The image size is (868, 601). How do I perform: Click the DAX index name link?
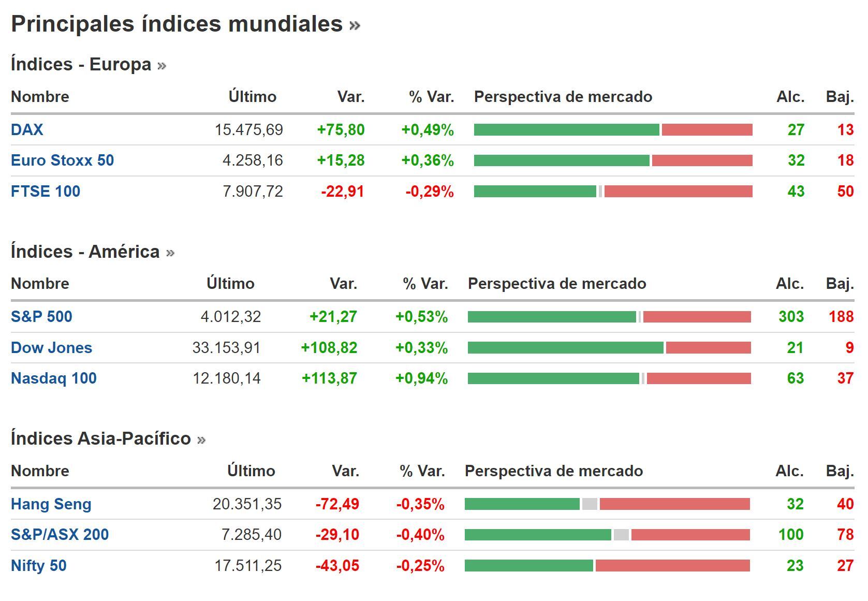27,129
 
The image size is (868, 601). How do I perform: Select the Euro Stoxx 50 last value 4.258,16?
253,160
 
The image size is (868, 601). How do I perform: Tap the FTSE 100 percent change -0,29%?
430,192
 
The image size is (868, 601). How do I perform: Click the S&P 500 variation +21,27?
333,317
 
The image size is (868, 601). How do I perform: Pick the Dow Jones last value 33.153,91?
226,348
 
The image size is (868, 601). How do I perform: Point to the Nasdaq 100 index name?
54,378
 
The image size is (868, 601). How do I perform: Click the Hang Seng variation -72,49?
337,504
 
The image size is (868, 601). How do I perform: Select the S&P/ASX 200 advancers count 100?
790,535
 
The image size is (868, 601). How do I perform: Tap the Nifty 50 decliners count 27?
845,566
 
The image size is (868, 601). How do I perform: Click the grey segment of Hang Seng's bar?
590,504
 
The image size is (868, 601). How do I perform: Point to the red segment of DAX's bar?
707,129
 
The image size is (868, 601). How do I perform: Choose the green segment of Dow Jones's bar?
565,348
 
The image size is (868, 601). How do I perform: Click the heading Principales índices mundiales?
176,24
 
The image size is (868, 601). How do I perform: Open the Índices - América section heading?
85,252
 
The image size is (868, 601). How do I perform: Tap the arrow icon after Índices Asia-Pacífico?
201,439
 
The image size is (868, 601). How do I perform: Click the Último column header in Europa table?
252,97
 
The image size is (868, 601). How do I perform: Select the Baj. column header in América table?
839,284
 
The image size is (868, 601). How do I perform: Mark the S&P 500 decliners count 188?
841,317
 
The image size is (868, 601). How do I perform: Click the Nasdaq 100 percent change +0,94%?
421,378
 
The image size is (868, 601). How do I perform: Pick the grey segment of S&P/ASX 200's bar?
621,535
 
